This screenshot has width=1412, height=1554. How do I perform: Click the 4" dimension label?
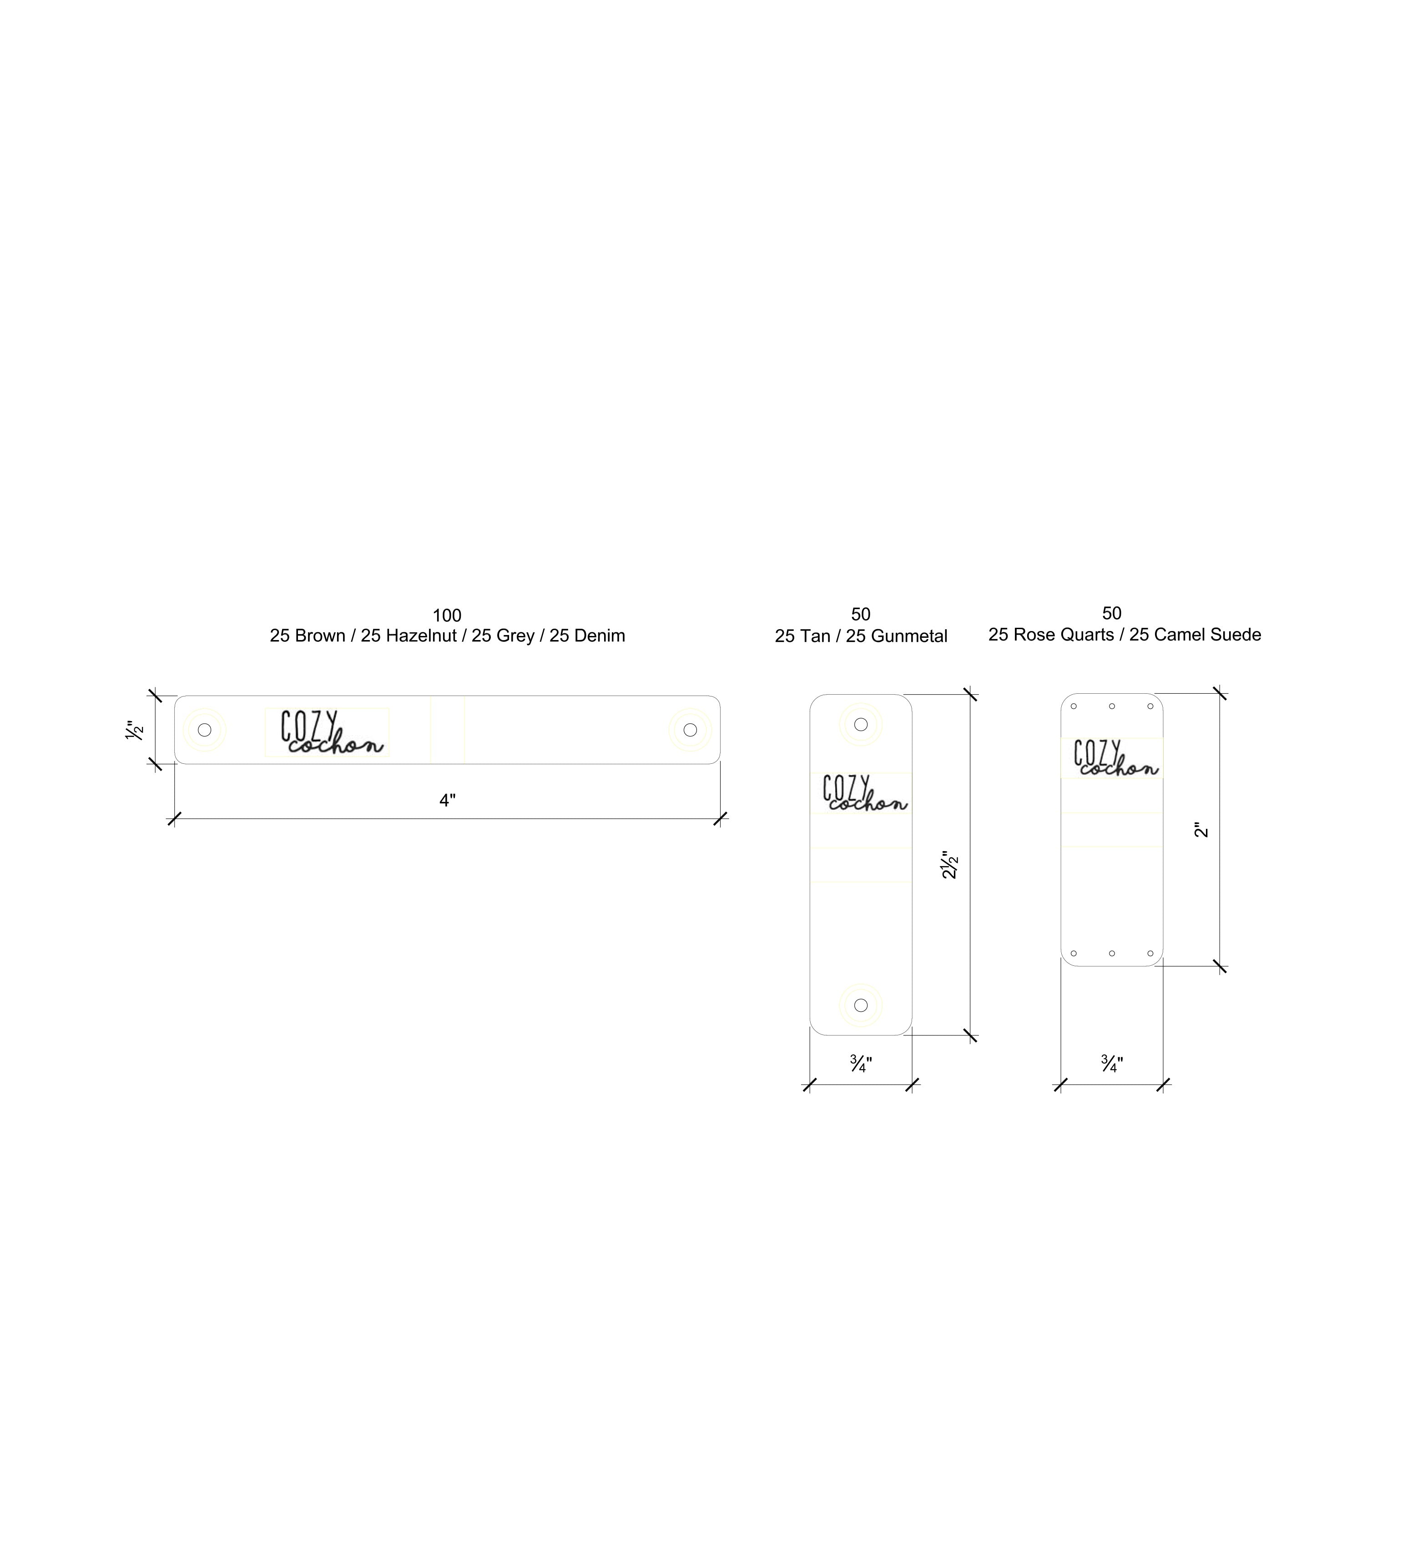click(448, 801)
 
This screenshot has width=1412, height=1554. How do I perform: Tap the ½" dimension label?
click(134, 730)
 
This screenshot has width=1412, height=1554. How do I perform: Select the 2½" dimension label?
click(949, 865)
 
